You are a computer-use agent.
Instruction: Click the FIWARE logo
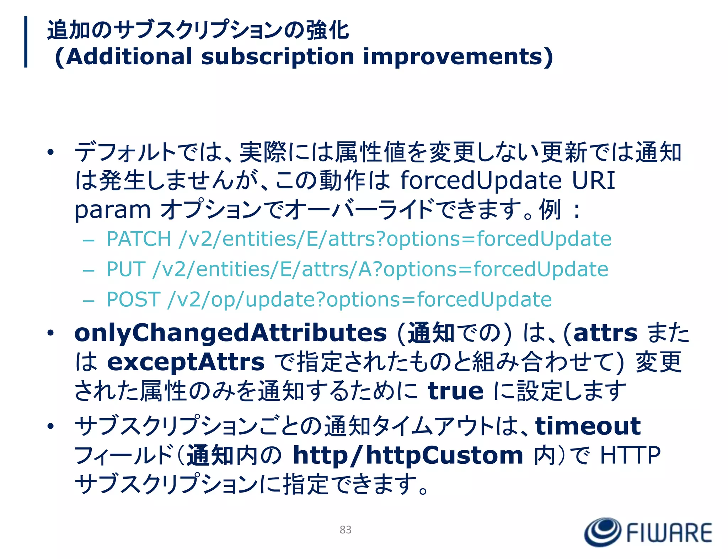pos(648,532)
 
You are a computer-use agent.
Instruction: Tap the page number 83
pos(345,530)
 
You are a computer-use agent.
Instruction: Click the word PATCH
pos(139,239)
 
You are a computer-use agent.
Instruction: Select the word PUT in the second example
pos(126,269)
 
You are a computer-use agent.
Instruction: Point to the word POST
pos(133,299)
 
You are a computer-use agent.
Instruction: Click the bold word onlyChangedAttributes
pos(230,333)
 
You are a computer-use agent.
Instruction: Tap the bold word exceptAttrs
pos(186,362)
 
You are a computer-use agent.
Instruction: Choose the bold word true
pos(455,391)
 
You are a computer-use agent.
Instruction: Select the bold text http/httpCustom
pos(408,456)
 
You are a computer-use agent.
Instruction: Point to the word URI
pos(593,181)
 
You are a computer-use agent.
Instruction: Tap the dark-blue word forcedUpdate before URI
pos(481,181)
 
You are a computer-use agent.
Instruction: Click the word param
pos(113,210)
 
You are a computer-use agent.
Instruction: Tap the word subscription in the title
pos(277,57)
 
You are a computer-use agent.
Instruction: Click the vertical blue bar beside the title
pos(26,42)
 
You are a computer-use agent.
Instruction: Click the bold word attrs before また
pos(605,333)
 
